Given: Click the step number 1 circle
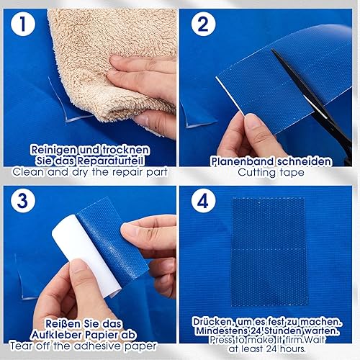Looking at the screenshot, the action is click(23, 24).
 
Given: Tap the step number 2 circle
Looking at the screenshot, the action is click(203, 24).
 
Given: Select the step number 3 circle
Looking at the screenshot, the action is click(23, 200).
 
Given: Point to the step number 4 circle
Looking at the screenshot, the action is click(203, 200).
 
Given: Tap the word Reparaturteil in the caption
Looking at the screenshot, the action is click(110, 161).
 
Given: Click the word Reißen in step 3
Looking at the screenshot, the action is click(63, 324).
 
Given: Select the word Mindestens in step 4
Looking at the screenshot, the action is click(221, 331).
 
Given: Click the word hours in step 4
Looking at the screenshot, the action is click(293, 348).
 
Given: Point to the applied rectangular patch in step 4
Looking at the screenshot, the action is click(269, 252).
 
